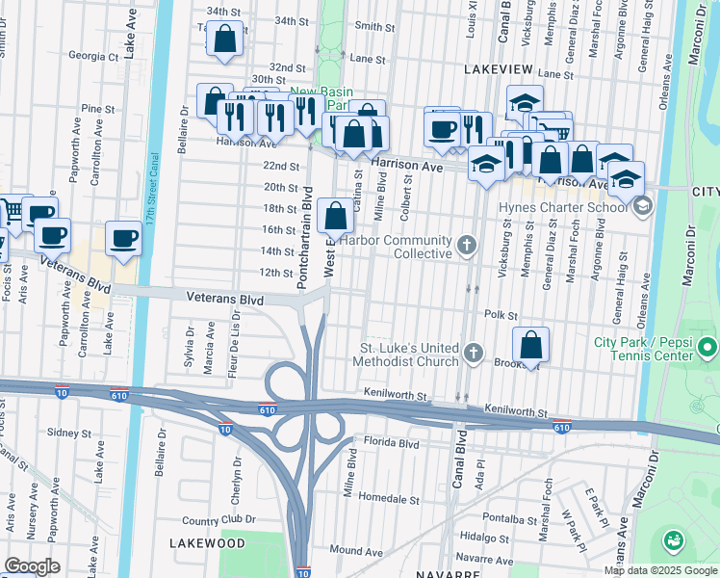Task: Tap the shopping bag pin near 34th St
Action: click(x=225, y=40)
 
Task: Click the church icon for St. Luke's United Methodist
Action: click(x=473, y=354)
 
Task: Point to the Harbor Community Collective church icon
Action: click(x=467, y=242)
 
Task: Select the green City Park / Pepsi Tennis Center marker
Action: click(x=708, y=345)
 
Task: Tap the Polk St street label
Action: click(x=501, y=315)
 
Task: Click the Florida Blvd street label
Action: click(x=391, y=444)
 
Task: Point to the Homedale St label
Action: click(x=390, y=500)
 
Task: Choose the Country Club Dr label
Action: click(x=219, y=519)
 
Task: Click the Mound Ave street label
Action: click(x=349, y=550)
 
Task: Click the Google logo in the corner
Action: click(x=32, y=566)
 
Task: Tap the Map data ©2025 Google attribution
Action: click(x=660, y=570)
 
